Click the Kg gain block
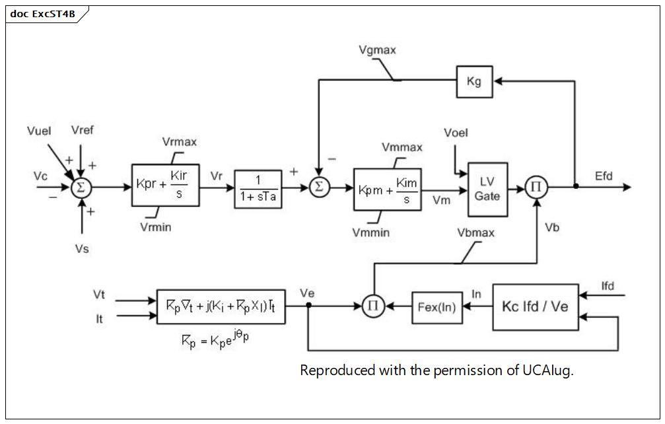click(x=474, y=81)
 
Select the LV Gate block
click(x=487, y=190)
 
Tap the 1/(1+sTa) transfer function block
click(x=258, y=189)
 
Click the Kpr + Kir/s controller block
click(x=165, y=186)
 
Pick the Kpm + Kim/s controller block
click(x=387, y=190)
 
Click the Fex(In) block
click(x=437, y=307)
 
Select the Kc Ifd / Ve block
click(x=535, y=307)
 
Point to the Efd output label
click(x=604, y=176)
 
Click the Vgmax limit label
click(x=377, y=50)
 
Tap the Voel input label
click(x=456, y=133)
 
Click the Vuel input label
click(x=39, y=131)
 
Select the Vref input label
click(x=83, y=129)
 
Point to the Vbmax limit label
click(x=476, y=232)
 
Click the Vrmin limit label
click(x=156, y=227)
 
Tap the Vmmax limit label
click(x=402, y=147)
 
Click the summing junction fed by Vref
click(x=81, y=187)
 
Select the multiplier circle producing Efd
click(x=536, y=187)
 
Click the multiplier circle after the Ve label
click(x=373, y=306)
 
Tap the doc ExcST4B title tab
click(x=43, y=14)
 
